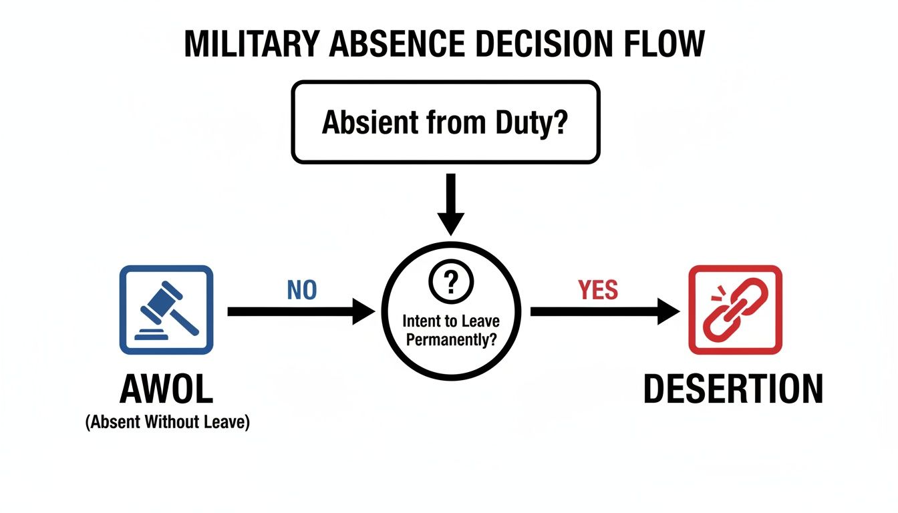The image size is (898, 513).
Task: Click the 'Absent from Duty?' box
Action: tap(446, 122)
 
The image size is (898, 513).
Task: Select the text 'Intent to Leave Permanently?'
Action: tap(450, 330)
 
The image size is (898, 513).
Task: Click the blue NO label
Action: tap(301, 290)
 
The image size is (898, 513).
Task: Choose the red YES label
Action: tap(598, 290)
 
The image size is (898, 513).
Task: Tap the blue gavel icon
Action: tap(166, 309)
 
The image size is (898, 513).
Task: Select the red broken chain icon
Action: tap(734, 309)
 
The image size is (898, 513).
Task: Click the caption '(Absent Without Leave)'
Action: tap(167, 423)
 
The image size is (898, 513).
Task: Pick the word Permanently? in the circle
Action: tap(450, 339)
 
